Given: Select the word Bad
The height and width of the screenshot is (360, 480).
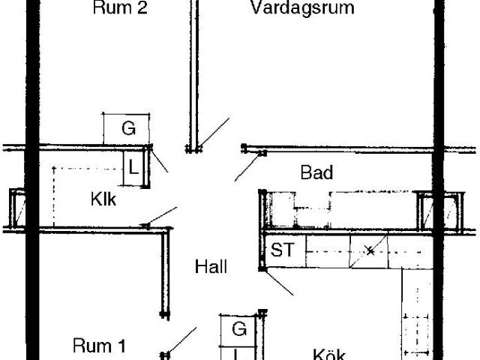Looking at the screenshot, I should click(316, 172).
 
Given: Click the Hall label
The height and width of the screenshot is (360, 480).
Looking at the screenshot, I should click(211, 266).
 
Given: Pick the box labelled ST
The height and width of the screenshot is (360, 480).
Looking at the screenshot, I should click(283, 250).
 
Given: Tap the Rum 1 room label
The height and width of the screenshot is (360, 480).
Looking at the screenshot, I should click(98, 346).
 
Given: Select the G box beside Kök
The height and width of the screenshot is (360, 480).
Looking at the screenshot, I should click(238, 328).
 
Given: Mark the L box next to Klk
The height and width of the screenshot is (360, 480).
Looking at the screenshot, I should click(133, 166).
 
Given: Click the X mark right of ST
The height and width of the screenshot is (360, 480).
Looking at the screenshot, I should click(370, 250).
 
